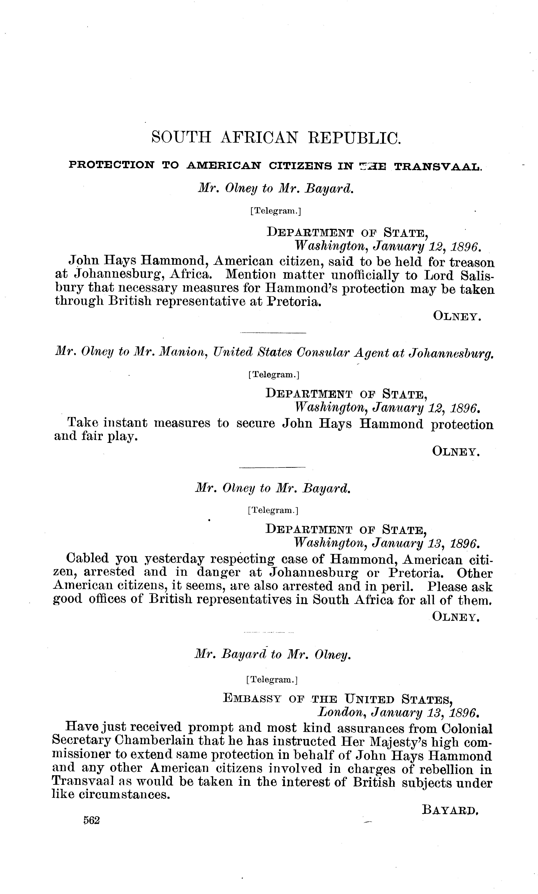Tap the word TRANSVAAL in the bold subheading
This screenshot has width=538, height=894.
(438, 167)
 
